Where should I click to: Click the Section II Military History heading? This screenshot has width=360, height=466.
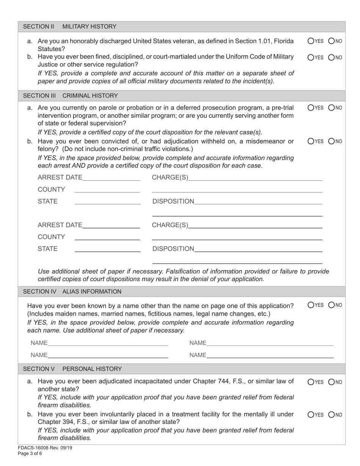70,27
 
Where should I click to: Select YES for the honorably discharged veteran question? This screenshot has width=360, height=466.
311,41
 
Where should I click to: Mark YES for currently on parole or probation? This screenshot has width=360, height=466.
311,108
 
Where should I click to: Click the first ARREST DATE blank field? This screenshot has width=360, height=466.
111,177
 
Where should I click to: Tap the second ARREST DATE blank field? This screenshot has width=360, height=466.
111,225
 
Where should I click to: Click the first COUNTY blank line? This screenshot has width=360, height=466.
107,189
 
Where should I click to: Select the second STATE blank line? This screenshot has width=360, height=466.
107,249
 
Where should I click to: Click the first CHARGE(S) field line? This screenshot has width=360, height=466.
255,177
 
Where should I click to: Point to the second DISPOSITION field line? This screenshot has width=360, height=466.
258,249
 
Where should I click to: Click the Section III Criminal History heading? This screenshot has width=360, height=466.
70,95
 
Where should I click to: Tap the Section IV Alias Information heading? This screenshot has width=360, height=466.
72,291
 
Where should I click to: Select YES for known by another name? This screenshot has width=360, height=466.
311,305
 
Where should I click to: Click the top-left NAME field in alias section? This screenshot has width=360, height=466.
108,343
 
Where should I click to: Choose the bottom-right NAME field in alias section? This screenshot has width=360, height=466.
270,355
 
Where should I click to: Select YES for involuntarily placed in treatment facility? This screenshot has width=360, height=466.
311,415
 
